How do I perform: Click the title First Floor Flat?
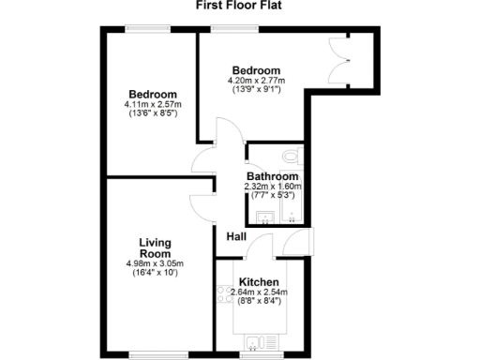click(x=239, y=6)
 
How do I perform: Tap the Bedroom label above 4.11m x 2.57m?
click(x=153, y=94)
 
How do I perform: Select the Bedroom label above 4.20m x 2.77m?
click(x=256, y=70)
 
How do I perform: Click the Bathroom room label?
click(x=272, y=176)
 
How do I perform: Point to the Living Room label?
click(x=155, y=247)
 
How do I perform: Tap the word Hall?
click(x=235, y=237)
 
